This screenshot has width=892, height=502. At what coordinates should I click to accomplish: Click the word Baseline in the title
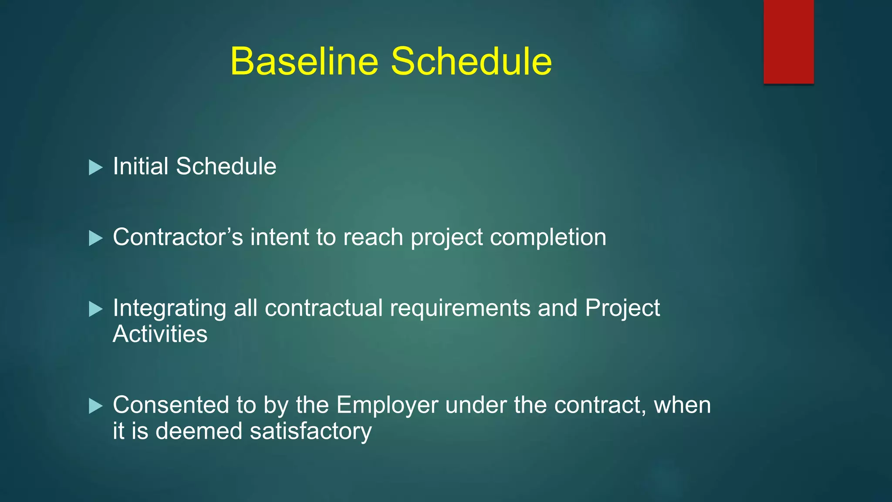[304, 61]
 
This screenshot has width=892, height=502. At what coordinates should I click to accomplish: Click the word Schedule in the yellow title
[471, 61]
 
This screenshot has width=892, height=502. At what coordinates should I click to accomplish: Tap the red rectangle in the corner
[788, 41]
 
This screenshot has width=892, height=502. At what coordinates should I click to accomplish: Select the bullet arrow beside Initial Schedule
[95, 167]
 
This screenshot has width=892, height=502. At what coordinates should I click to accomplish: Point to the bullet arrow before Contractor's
[95, 238]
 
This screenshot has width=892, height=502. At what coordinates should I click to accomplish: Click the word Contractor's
[178, 237]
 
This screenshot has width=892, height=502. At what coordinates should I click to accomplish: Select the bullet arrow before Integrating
[95, 309]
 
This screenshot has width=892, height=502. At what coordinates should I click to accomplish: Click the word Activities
[160, 335]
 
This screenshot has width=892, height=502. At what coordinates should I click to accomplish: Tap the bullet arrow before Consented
[95, 406]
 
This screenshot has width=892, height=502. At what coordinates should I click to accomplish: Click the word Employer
[387, 406]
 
